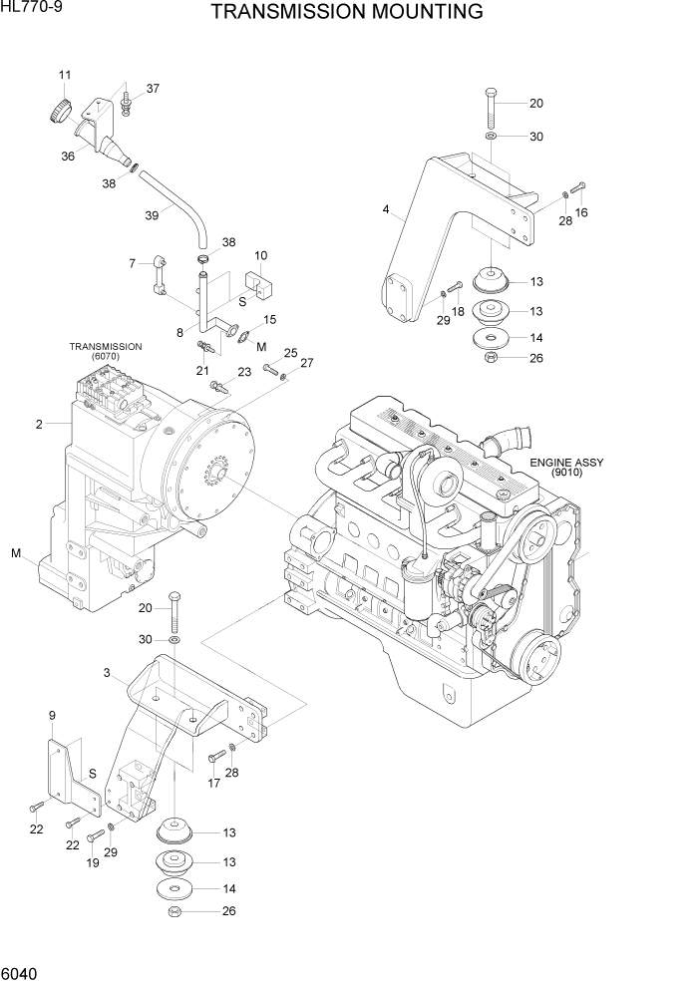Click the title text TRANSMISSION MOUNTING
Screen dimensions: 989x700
click(x=347, y=12)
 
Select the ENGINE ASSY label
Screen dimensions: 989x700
click(x=566, y=463)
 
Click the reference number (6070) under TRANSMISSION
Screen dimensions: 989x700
click(x=105, y=357)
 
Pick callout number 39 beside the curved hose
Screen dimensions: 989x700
click(x=152, y=215)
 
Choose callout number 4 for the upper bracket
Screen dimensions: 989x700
click(x=385, y=210)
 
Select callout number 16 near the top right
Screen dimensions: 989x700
click(x=582, y=212)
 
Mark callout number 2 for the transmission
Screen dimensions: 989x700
click(x=39, y=424)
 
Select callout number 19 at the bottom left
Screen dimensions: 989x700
click(x=92, y=863)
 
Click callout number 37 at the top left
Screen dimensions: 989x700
click(x=153, y=89)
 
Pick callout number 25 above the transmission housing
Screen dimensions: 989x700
click(x=290, y=353)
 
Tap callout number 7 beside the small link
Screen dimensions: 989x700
click(x=132, y=263)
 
